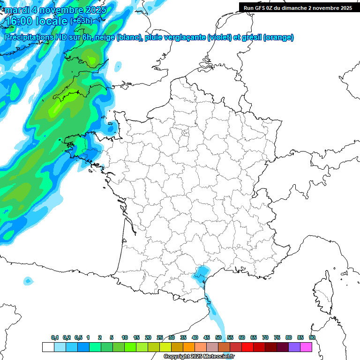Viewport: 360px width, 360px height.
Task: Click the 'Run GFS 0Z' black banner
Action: tap(298, 8)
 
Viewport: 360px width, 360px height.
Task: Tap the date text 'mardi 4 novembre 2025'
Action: tap(55, 10)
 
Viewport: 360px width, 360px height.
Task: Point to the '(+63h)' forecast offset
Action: tap(81, 21)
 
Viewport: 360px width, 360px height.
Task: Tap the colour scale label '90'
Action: tap(312, 337)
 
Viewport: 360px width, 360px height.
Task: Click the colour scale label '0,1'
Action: tap(54, 337)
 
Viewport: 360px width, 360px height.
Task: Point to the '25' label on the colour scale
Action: tap(160, 337)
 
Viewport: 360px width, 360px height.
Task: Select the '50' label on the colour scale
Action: tap(218, 337)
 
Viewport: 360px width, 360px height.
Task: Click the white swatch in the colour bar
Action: tap(48, 347)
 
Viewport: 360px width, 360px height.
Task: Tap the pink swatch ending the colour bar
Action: tap(306, 347)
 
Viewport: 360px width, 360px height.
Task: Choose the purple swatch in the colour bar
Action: tap(294, 347)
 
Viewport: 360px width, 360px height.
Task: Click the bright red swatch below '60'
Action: tap(247, 347)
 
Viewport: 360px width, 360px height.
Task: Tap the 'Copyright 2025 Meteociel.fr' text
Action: tap(199, 356)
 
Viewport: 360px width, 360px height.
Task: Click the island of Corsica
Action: tap(323, 293)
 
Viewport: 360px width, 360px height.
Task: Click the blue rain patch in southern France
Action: tap(202, 273)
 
